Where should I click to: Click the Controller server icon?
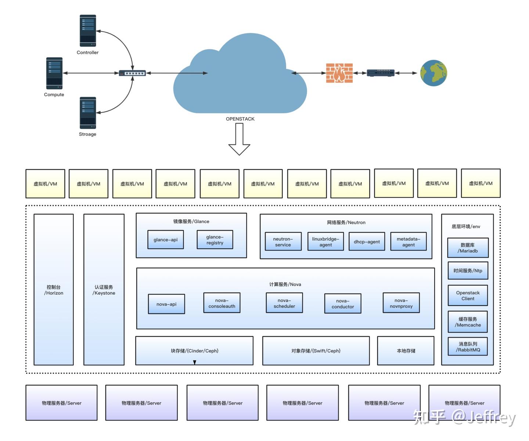[x=88, y=31]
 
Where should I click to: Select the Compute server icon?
[x=54, y=73]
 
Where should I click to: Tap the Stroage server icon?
[x=88, y=113]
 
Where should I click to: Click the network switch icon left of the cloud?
[x=132, y=73]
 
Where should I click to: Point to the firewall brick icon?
[x=339, y=73]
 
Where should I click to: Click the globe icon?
[x=433, y=73]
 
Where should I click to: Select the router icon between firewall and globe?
[x=381, y=73]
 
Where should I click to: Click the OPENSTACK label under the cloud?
[x=240, y=119]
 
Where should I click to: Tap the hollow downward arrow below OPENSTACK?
[x=239, y=139]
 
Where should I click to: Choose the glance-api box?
[x=165, y=240]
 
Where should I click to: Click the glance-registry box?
[x=215, y=240]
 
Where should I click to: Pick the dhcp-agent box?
[x=367, y=241]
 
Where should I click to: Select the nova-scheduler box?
[x=284, y=303]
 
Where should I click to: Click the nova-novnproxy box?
[x=401, y=303]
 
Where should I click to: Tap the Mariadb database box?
[x=468, y=248]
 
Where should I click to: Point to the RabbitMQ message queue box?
[x=468, y=347]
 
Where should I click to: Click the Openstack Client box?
[x=468, y=296]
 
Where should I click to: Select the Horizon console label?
[x=54, y=290]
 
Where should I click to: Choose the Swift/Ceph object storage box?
[x=316, y=351]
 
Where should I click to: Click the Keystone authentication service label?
[x=104, y=290]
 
